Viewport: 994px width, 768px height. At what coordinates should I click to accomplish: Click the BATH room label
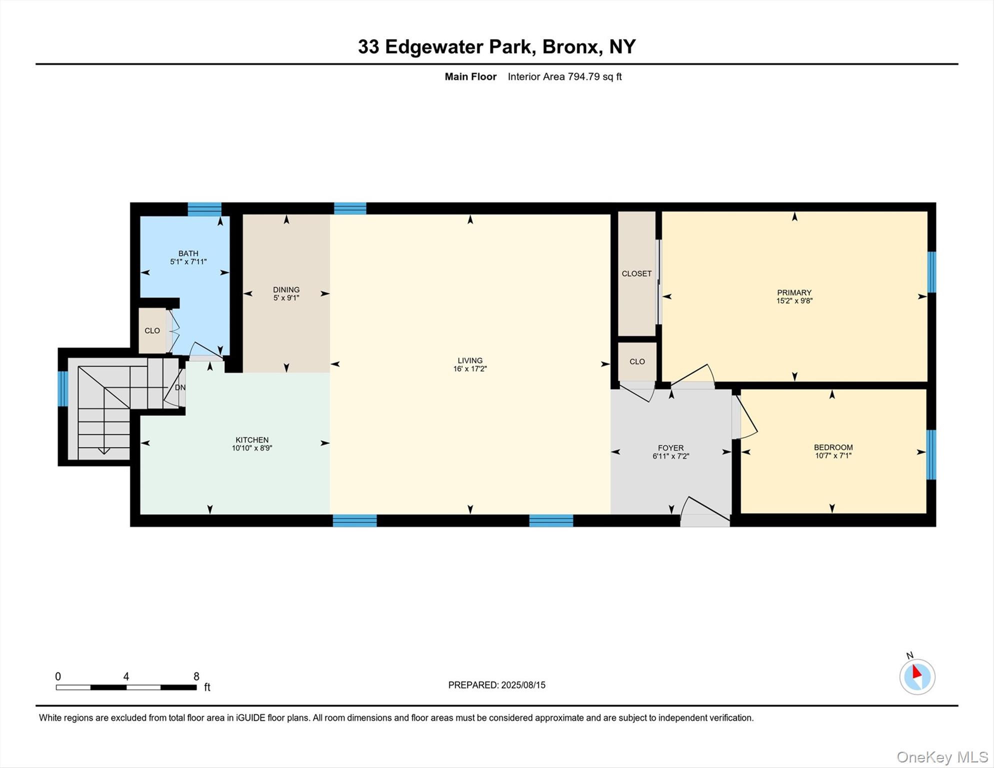coord(188,253)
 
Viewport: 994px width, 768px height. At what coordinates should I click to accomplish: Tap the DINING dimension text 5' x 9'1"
coord(286,298)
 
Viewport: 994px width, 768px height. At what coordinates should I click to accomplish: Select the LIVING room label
coord(469,360)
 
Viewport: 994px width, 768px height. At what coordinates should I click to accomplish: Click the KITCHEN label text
coord(252,440)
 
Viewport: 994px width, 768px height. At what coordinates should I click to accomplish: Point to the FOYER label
coord(670,448)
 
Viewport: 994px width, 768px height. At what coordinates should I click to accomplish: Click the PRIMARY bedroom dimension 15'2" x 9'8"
coord(794,301)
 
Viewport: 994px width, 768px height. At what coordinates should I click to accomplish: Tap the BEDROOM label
coord(833,447)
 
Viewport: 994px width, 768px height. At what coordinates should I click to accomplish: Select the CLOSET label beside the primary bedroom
coord(636,273)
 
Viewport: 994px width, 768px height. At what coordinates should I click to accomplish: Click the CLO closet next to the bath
coord(152,331)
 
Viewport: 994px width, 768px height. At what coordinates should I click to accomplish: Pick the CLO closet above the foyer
coord(637,361)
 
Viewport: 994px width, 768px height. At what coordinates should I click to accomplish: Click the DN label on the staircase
coord(180,387)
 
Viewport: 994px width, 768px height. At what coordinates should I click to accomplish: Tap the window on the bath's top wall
coord(204,209)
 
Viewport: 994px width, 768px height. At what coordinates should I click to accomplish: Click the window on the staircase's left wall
coord(63,388)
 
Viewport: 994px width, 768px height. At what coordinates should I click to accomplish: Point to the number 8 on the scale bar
coord(196,676)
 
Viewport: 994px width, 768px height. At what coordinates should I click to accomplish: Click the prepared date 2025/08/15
coord(523,685)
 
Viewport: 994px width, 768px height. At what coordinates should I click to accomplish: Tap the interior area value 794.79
coord(583,76)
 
